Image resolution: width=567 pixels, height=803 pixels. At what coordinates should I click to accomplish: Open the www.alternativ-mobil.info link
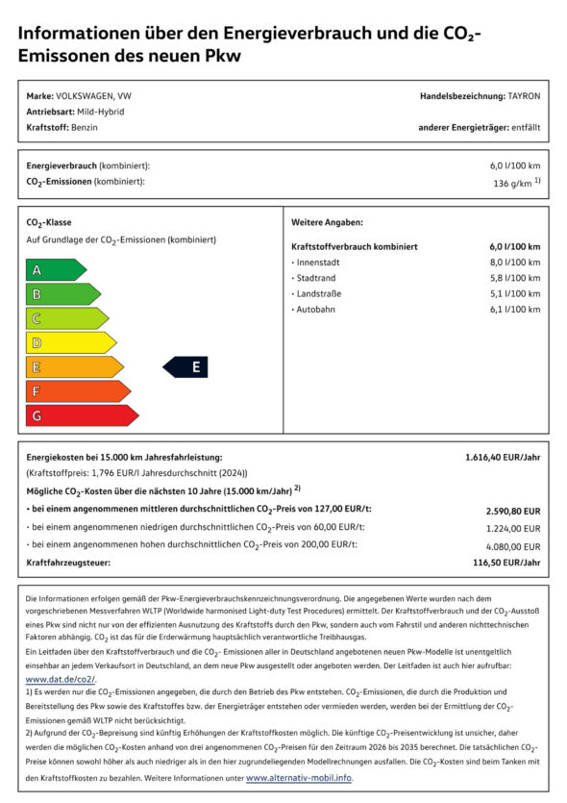[298, 777]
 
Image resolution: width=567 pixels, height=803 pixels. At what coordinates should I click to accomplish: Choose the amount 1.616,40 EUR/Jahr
[503, 457]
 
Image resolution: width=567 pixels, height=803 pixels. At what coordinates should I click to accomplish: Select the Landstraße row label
[318, 293]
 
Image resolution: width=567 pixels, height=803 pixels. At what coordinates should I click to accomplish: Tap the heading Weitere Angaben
[327, 222]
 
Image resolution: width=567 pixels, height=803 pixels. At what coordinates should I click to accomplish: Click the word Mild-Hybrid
[99, 112]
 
